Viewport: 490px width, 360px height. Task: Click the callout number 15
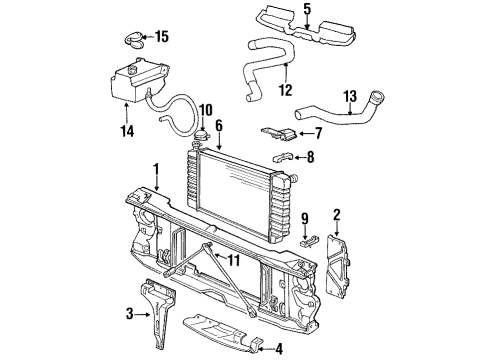[x=162, y=37]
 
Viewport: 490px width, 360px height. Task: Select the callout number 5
[x=307, y=11]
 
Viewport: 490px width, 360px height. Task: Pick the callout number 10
[x=206, y=109]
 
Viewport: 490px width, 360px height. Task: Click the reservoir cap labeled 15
[x=134, y=39]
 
